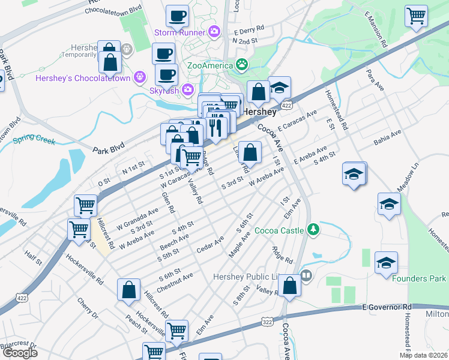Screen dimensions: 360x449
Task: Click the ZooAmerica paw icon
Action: [x=242, y=64]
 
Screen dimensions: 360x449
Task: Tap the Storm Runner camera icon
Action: [x=214, y=31]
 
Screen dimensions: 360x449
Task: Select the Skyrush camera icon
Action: [x=188, y=90]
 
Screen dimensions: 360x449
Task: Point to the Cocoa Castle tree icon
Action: [x=312, y=229]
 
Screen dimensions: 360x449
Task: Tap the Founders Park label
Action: [x=419, y=278]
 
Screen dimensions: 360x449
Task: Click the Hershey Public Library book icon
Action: [x=306, y=276]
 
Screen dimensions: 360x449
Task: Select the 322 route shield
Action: [x=265, y=322]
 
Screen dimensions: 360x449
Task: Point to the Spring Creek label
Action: [x=34, y=142]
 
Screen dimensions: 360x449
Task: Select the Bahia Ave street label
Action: [x=387, y=139]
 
